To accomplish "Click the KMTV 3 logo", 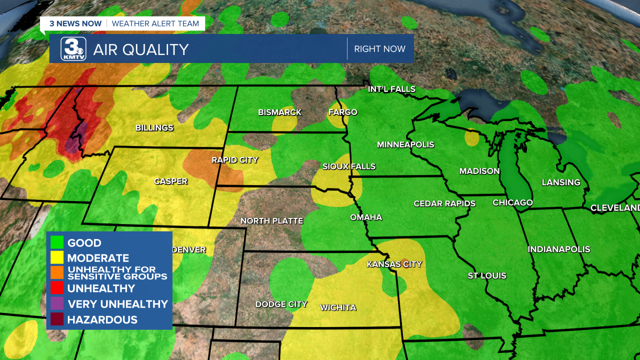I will [x=73, y=48].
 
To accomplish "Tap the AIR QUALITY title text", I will [x=141, y=49].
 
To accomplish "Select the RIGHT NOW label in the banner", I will [x=379, y=49].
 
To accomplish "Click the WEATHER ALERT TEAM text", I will [x=155, y=23].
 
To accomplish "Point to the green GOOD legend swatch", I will [x=57, y=243].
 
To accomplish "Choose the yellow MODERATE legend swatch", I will [x=57, y=258].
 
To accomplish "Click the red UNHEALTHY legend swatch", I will [x=57, y=288].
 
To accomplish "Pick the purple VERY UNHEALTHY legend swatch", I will [x=57, y=304].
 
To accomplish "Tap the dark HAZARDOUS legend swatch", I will [x=57, y=319].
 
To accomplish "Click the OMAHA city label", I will [x=366, y=217].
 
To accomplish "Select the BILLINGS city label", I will [x=154, y=128].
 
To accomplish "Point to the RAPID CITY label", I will [x=235, y=160].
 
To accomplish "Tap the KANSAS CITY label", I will [x=394, y=264].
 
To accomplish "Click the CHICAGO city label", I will [x=512, y=202].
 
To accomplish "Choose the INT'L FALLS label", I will [x=391, y=89].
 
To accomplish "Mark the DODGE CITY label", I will [x=281, y=304].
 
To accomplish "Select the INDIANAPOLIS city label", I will [x=559, y=249].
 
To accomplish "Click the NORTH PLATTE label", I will [x=271, y=220].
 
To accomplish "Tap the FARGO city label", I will [x=343, y=112].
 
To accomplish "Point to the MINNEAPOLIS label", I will [x=405, y=144].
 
